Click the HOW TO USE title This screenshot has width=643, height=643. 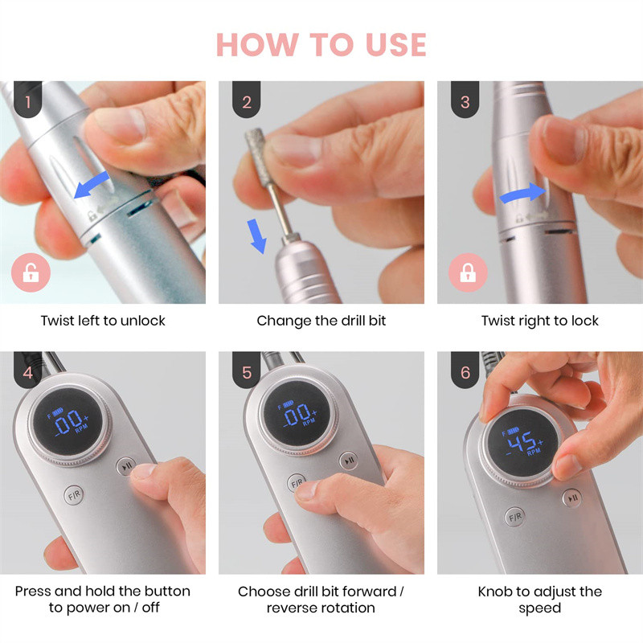(x=321, y=44)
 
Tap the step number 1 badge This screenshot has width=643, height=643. (x=28, y=100)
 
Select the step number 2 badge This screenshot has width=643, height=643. (x=247, y=100)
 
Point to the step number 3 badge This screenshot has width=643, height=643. (x=465, y=100)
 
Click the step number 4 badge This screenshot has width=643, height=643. (x=28, y=370)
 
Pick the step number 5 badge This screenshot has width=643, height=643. (x=247, y=370)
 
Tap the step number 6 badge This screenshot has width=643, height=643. (x=465, y=370)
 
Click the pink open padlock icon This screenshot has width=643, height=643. (x=31, y=272)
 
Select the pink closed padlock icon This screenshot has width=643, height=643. (x=468, y=272)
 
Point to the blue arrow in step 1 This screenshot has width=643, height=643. (x=92, y=186)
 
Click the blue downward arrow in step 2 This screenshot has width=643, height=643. (x=257, y=236)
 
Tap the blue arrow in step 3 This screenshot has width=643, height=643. (x=523, y=193)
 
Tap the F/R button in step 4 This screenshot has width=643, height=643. (x=74, y=495)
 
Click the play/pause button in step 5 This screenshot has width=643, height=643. (x=349, y=461)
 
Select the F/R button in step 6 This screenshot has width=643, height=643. (x=515, y=517)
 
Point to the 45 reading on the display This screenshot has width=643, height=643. (x=522, y=442)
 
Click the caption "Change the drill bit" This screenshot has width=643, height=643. (x=321, y=321)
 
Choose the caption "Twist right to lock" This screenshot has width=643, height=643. (x=539, y=321)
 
